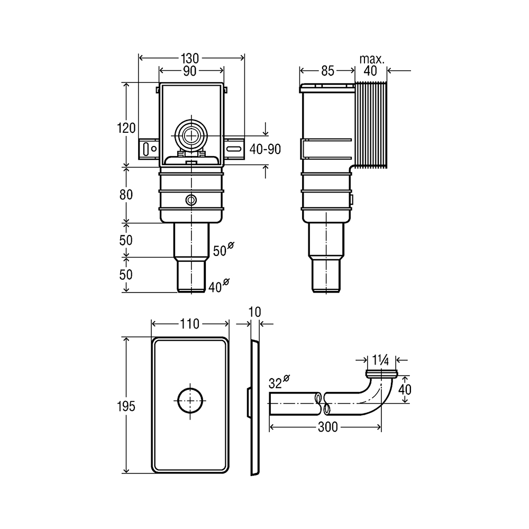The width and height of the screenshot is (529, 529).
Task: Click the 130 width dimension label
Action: pyautogui.click(x=189, y=58)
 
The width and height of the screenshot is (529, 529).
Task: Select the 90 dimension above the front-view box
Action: pyautogui.click(x=189, y=71)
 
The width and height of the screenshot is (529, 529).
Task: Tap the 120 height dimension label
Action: pyautogui.click(x=126, y=128)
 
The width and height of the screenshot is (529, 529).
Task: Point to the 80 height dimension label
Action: pyautogui.click(x=126, y=195)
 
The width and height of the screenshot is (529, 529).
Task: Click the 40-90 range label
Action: pyautogui.click(x=265, y=149)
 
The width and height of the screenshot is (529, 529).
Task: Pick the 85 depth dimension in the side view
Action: pyautogui.click(x=327, y=71)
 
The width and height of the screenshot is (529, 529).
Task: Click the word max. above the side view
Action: pyautogui.click(x=372, y=59)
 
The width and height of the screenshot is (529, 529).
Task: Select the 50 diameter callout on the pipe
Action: pyautogui.click(x=223, y=250)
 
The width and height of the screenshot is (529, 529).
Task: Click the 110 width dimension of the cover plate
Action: pyautogui.click(x=189, y=324)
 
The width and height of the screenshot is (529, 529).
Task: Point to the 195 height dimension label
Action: pyautogui.click(x=126, y=406)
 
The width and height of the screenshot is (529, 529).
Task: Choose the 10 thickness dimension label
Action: pyautogui.click(x=255, y=312)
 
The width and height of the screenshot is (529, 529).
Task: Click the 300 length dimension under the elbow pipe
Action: pyautogui.click(x=327, y=427)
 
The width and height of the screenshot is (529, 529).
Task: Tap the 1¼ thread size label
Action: pyautogui.click(x=380, y=361)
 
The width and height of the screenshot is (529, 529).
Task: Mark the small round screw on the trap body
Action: pyautogui.click(x=191, y=200)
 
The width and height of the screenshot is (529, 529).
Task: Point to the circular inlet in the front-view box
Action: pyautogui.click(x=191, y=135)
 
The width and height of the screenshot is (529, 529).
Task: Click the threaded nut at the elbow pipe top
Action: pyautogui.click(x=381, y=373)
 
